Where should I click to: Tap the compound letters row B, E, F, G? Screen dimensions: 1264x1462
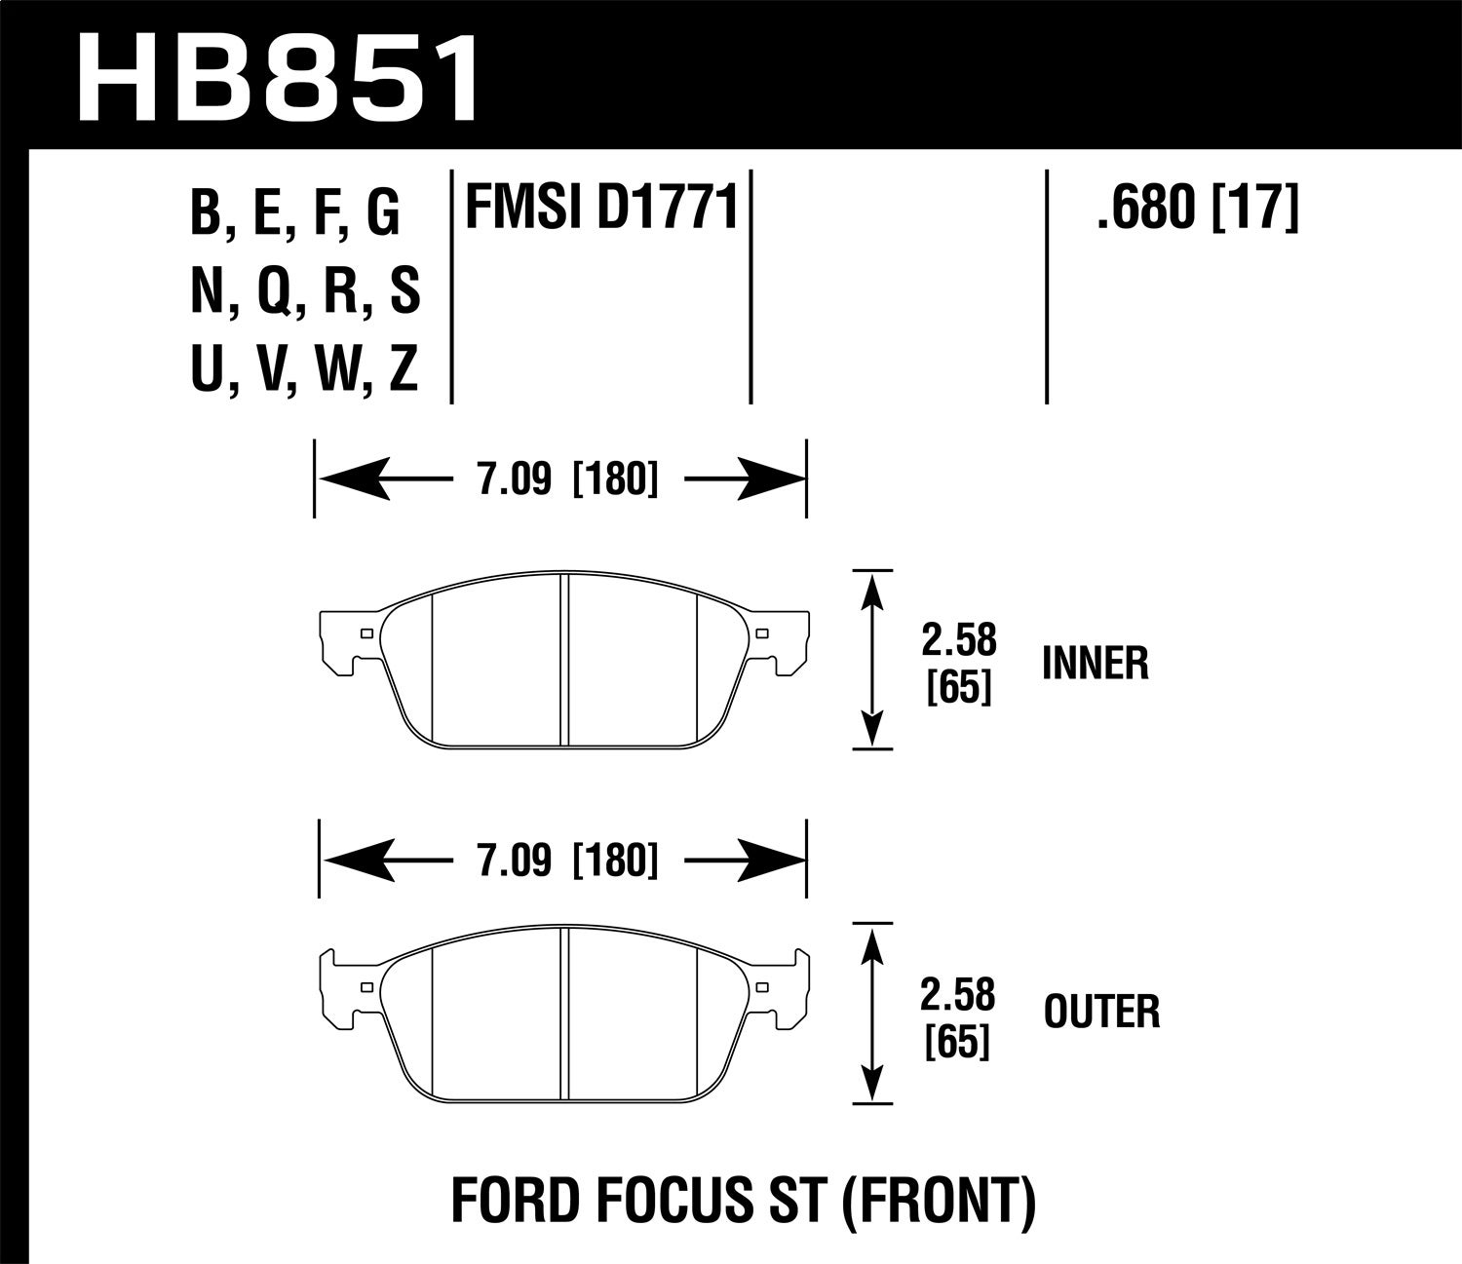click(295, 214)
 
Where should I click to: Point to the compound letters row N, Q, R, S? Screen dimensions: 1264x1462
click(305, 291)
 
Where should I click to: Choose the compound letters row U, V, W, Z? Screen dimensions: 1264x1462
click(305, 369)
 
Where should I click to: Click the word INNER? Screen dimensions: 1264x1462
click(1096, 664)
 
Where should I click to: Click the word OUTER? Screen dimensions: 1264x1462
click(1101, 1012)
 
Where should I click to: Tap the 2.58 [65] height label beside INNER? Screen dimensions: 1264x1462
click(959, 663)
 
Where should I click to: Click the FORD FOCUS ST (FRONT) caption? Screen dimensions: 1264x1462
click(743, 1202)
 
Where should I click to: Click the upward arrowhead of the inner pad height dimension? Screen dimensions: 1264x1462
click(873, 591)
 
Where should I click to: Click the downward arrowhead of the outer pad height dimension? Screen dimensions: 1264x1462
click(873, 1084)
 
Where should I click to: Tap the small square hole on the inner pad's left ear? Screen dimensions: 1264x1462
click(366, 633)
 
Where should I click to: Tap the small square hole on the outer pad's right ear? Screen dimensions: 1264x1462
click(760, 986)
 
